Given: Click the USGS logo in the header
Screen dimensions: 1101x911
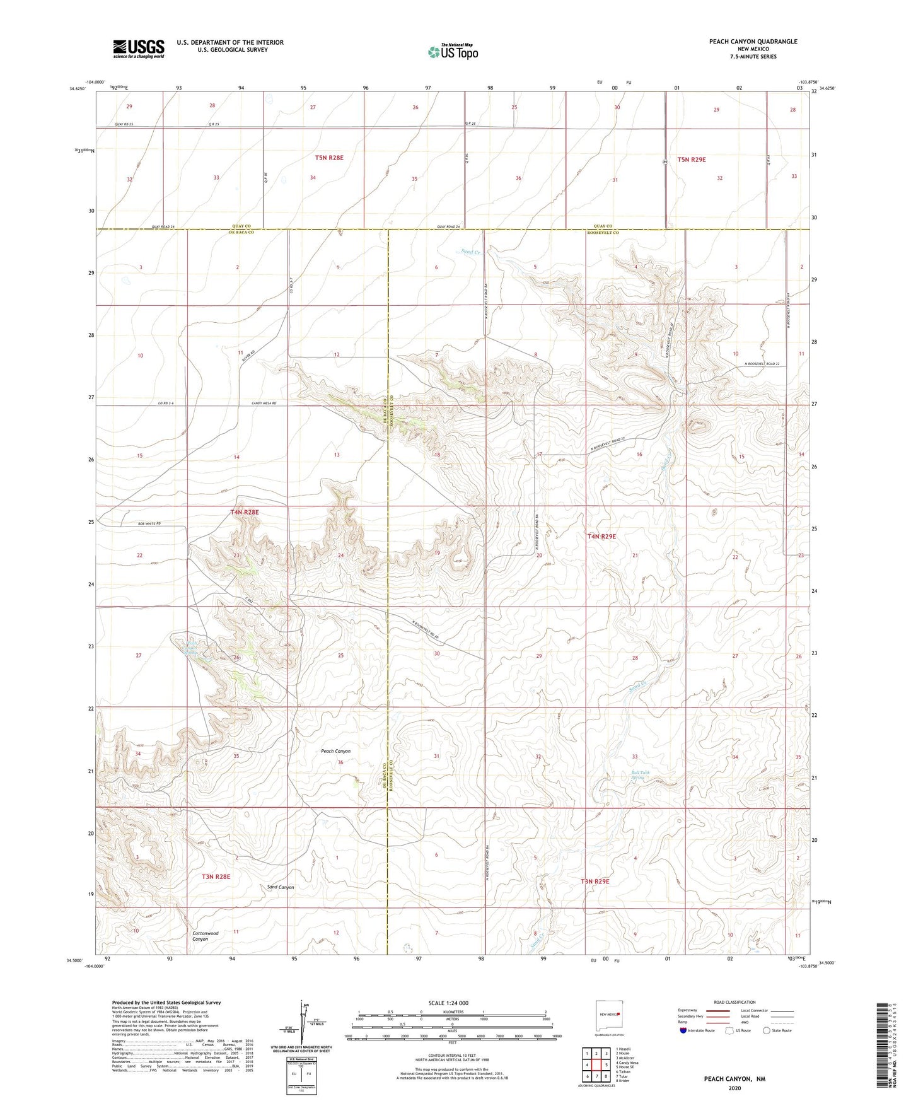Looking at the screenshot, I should (139, 48).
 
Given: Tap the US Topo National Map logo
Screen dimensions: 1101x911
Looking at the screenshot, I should (452, 51).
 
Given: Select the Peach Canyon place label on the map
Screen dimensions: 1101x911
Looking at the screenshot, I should (335, 751).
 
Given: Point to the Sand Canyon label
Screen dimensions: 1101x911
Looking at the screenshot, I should (281, 887).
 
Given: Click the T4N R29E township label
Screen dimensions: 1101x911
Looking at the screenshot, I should (601, 537).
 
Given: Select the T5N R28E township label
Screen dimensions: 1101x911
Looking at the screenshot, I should (329, 158).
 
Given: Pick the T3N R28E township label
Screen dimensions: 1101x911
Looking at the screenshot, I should (216, 877).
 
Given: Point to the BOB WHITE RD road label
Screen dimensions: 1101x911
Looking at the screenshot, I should (149, 523).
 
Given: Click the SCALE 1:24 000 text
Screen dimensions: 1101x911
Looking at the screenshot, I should (448, 1003).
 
